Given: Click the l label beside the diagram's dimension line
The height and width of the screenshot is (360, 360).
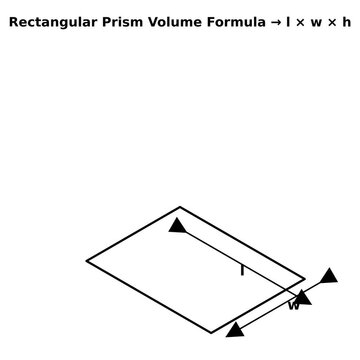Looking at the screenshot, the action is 242,270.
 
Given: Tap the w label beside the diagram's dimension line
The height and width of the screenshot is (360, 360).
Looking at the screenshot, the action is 294,306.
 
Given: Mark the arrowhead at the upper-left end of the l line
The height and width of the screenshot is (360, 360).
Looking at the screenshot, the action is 178,225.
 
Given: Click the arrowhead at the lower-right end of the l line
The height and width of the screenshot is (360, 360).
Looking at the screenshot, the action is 303,297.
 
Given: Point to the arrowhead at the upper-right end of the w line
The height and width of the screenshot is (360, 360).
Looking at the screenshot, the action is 329,275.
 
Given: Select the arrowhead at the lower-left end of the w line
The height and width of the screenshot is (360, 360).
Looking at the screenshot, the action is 235,328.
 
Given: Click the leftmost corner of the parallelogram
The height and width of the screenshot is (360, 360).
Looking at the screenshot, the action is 87,261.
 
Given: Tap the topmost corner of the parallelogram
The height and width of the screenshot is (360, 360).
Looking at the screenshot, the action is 180,207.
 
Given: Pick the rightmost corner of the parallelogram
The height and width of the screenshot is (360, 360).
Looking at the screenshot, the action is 305,278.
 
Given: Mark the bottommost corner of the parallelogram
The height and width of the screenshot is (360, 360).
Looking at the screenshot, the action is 212,332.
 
